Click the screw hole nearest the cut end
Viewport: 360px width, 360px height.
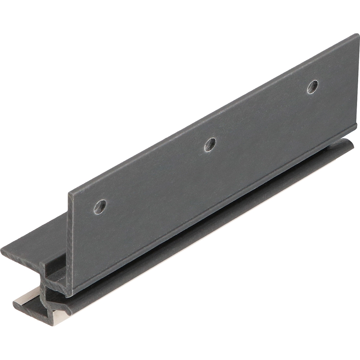click(x=100, y=206)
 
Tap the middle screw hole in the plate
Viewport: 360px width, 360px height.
click(x=210, y=144)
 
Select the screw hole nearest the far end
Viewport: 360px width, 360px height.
click(x=312, y=87)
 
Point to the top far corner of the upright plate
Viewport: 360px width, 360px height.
click(x=357, y=35)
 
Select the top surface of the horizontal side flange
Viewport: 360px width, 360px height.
click(x=36, y=238)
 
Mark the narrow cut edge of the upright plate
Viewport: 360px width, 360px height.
click(x=71, y=245)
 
